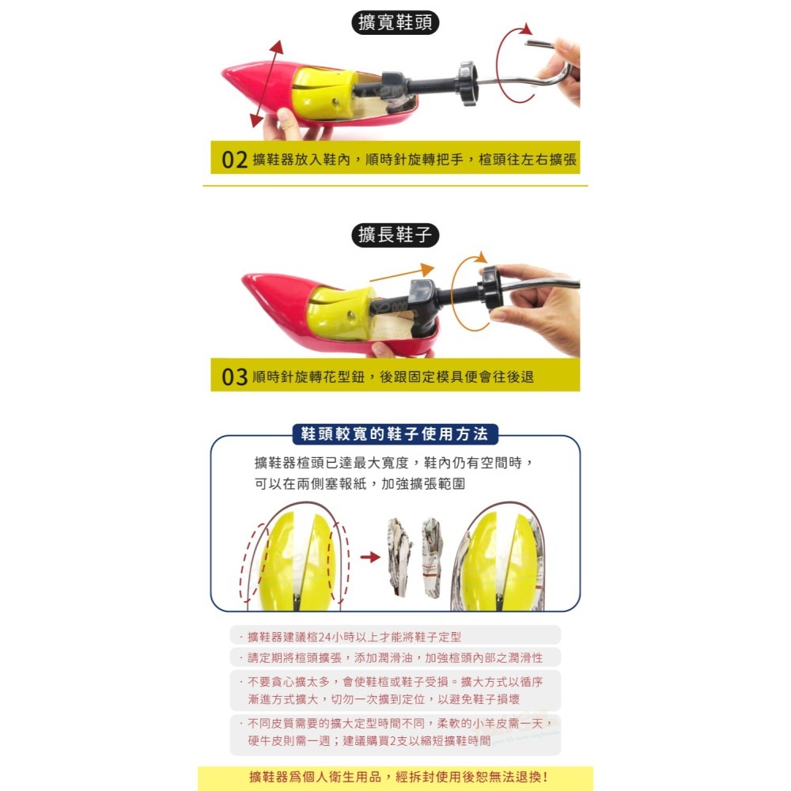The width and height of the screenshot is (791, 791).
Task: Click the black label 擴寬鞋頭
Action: [x=395, y=22]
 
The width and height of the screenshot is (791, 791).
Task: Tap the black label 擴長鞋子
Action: [x=395, y=235]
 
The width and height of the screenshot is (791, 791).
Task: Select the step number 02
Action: [x=235, y=160]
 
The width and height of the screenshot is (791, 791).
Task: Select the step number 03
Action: [x=235, y=377]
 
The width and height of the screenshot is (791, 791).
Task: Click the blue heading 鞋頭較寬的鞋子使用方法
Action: [x=395, y=434]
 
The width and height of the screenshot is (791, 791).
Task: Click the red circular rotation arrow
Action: [x=514, y=63]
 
